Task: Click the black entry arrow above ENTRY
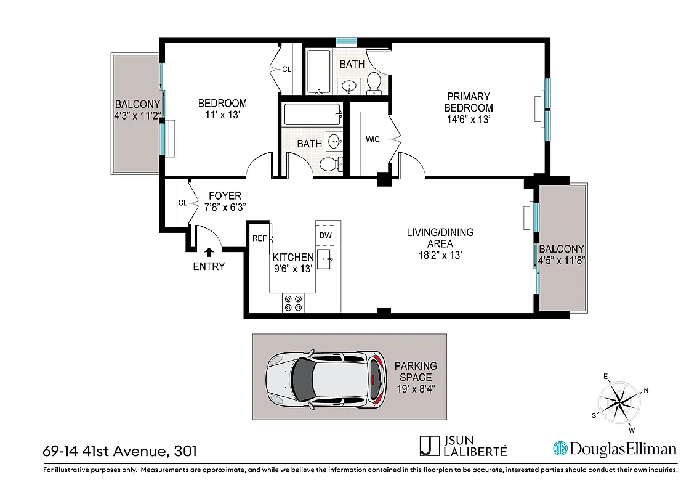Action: point(209,251)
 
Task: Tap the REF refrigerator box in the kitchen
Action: point(259,238)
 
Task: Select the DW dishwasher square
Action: point(326,235)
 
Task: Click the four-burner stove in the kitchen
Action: point(292,303)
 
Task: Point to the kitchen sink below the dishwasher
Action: point(326,259)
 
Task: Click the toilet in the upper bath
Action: point(374,83)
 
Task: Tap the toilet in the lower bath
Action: point(329,164)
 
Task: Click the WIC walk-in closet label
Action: point(373,139)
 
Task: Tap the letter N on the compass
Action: point(646,390)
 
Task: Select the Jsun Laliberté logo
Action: point(463,446)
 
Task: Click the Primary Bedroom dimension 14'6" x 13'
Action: point(469,119)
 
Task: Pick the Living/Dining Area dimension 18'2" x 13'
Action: point(440,254)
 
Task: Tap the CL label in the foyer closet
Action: point(182,202)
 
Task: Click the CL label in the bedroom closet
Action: point(286,70)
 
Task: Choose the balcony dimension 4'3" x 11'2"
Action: point(137,115)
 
